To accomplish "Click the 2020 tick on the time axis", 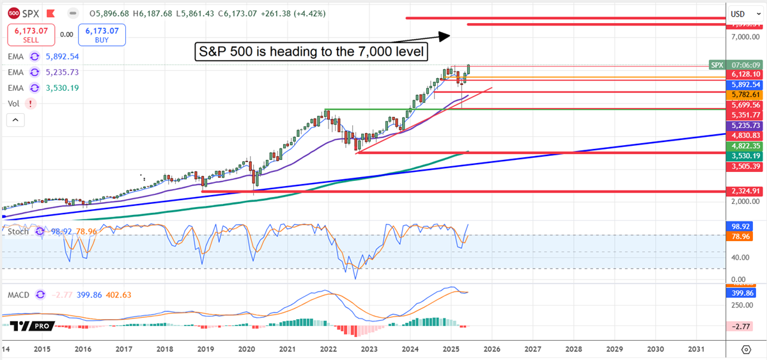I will click(x=247, y=349).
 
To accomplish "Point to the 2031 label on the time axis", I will click(x=696, y=349).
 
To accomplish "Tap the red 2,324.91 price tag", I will click(x=745, y=191).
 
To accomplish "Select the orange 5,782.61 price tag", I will click(x=745, y=94).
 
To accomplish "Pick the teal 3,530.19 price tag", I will click(x=745, y=156).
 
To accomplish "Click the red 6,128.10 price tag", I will click(x=745, y=74).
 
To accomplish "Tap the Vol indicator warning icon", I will click(x=30, y=103).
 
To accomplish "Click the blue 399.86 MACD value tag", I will click(x=745, y=293).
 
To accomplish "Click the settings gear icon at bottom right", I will click(x=746, y=349).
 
